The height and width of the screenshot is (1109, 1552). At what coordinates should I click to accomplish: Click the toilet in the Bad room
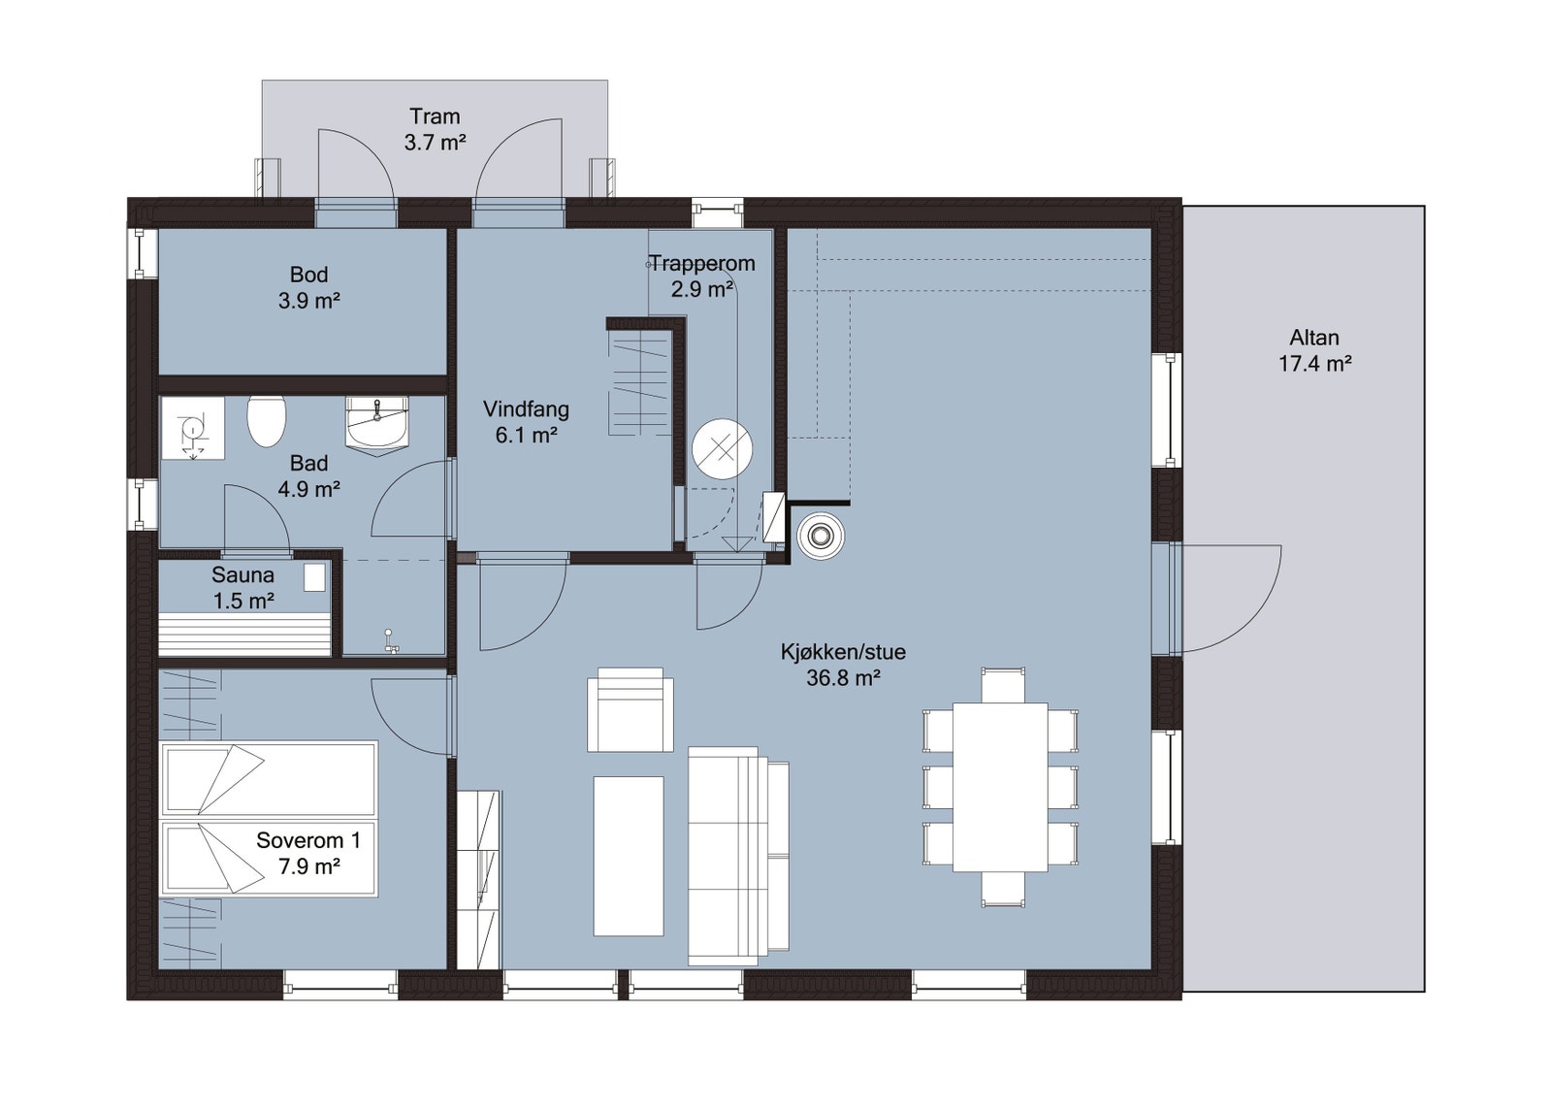(x=266, y=421)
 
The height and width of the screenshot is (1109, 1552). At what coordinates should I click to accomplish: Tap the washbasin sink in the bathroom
(x=376, y=425)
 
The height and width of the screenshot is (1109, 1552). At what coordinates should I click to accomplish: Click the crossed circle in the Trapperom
(x=722, y=449)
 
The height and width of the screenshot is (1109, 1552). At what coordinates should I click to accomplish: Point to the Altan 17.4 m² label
(x=1314, y=351)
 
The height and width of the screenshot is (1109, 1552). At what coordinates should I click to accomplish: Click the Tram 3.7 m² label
(x=435, y=130)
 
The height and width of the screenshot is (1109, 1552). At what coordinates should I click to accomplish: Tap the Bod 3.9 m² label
(x=308, y=288)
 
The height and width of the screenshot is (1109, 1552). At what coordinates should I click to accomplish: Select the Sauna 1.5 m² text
(x=242, y=588)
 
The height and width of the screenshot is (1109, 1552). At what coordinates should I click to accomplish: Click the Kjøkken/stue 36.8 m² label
(x=843, y=665)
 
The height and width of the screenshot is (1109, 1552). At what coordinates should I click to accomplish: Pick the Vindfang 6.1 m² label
(x=526, y=423)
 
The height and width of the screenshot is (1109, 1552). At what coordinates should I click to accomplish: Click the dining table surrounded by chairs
(x=1000, y=787)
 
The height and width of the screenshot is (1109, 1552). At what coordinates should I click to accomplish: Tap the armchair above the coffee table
(x=630, y=710)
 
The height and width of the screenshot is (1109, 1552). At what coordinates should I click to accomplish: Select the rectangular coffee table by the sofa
(x=629, y=855)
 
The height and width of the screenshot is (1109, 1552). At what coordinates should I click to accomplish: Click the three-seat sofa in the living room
(x=737, y=856)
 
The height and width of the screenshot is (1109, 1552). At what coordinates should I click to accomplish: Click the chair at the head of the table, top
(x=1002, y=685)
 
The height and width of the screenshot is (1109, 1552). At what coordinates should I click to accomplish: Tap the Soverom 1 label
(x=308, y=854)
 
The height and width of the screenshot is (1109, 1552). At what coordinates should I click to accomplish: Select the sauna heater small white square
(x=314, y=577)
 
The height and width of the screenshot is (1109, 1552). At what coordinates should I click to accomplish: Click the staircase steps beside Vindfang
(x=639, y=384)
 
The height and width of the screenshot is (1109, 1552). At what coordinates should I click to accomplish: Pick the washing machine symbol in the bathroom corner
(x=192, y=428)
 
